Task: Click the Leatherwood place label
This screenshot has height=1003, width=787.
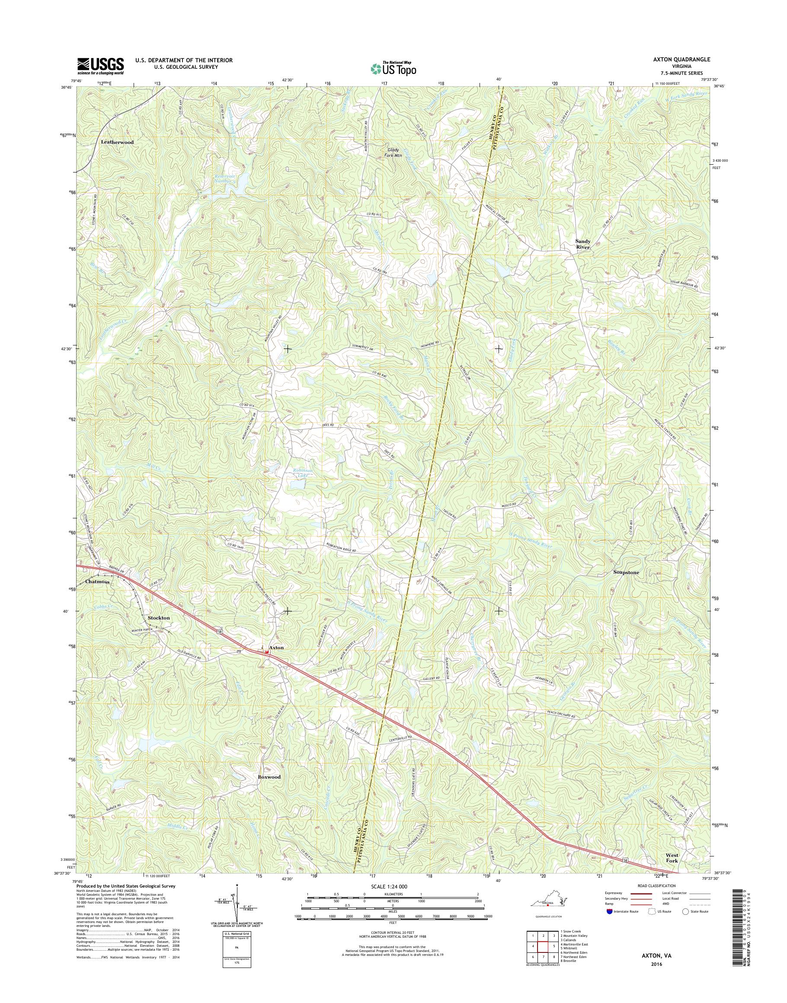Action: click(x=117, y=142)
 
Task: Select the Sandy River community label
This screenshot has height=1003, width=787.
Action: click(x=582, y=244)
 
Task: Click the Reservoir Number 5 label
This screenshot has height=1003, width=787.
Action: click(x=225, y=178)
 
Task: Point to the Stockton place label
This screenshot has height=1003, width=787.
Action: click(x=159, y=617)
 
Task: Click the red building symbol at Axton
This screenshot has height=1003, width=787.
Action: click(x=266, y=652)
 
